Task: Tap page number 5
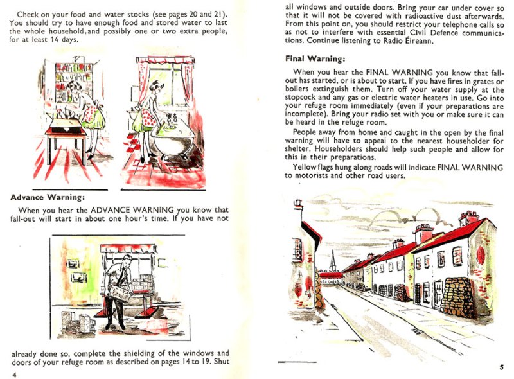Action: (x=501, y=367)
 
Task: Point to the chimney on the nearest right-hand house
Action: (x=468, y=218)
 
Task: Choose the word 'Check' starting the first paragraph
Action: (x=30, y=13)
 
